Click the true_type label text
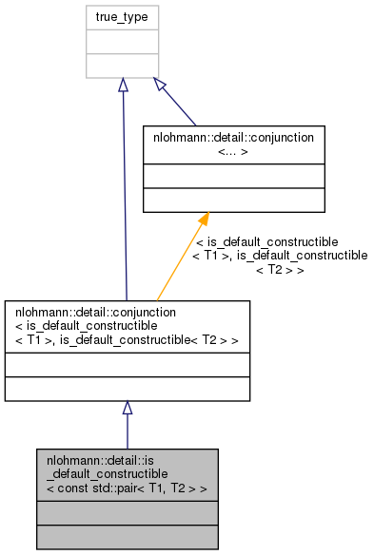[122, 17]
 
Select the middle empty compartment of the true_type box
[122, 42]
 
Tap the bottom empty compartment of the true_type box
[122, 66]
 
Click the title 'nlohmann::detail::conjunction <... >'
[234, 144]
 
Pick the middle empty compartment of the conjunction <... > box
[234, 175]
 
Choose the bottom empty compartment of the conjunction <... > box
[234, 200]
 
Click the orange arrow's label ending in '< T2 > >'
[279, 256]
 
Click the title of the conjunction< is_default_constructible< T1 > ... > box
[127, 326]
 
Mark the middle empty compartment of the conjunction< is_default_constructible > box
[127, 365]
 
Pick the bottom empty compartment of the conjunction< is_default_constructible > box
[127, 389]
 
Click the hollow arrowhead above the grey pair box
[127, 409]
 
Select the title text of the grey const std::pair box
[127, 474]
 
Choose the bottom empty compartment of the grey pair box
[127, 537]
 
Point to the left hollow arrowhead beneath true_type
[123, 86]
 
